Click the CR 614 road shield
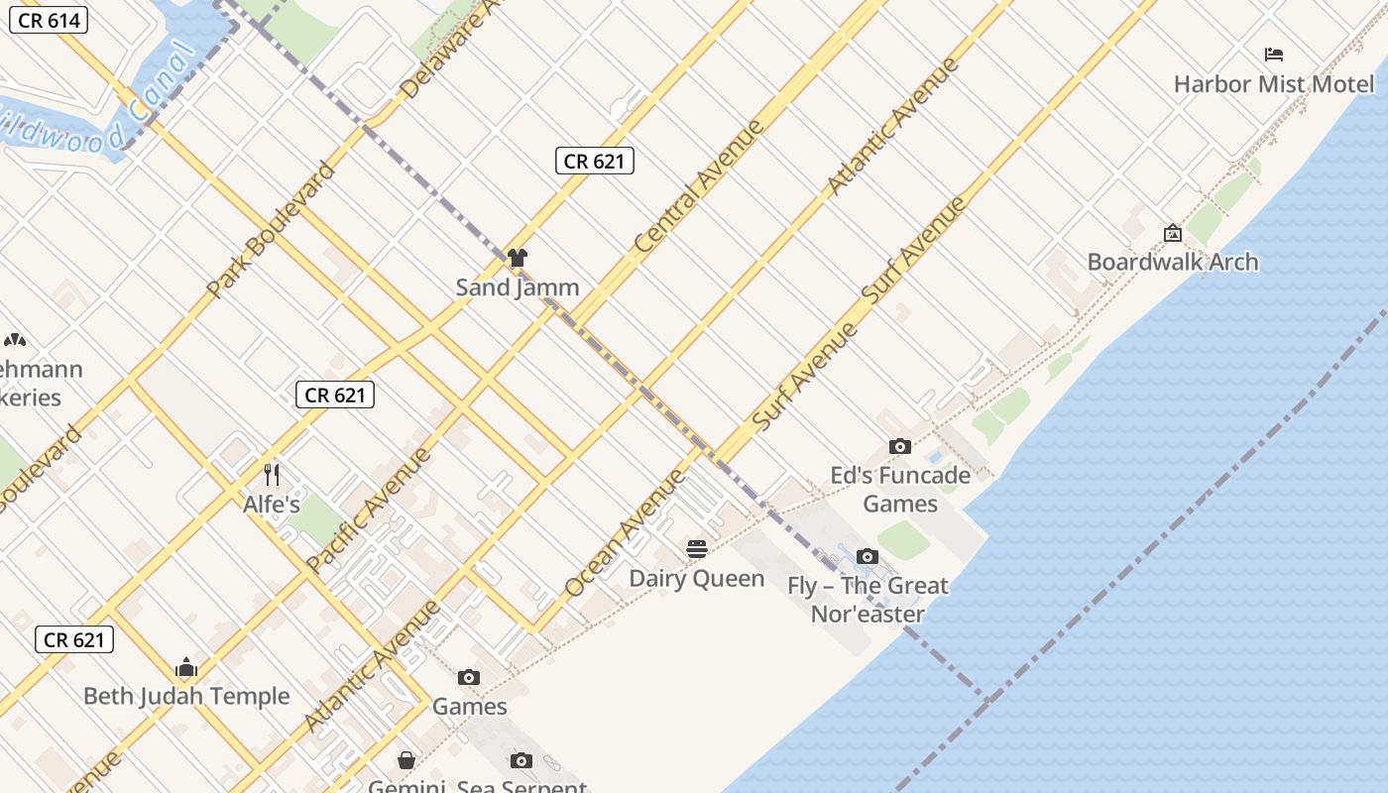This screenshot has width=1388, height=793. pyautogui.click(x=49, y=20)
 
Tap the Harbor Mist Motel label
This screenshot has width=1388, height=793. pyautogui.click(x=1274, y=84)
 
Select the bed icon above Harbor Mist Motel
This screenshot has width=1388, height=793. pyautogui.click(x=1274, y=55)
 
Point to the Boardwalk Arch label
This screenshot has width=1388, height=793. pyautogui.click(x=1173, y=262)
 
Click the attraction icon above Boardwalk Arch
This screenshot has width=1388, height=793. pyautogui.click(x=1173, y=233)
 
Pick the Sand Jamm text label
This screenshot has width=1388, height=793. pyautogui.click(x=518, y=287)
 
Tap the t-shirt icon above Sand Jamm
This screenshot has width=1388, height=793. pyautogui.click(x=517, y=258)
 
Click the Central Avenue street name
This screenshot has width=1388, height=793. pyautogui.click(x=699, y=185)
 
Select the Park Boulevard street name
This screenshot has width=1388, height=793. pyautogui.click(x=271, y=230)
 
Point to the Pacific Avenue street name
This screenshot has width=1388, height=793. pyautogui.click(x=369, y=510)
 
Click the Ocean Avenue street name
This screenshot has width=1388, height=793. pyautogui.click(x=624, y=533)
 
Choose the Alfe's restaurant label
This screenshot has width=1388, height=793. pyautogui.click(x=272, y=505)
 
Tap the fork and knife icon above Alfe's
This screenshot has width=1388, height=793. pyautogui.click(x=272, y=475)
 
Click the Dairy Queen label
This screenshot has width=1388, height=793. pyautogui.click(x=697, y=579)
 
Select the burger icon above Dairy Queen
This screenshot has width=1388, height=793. pyautogui.click(x=697, y=549)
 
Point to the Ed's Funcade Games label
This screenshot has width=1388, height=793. pyautogui.click(x=900, y=489)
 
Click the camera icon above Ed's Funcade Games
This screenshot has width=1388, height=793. pyautogui.click(x=900, y=447)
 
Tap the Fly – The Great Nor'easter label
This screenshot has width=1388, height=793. pyautogui.click(x=868, y=600)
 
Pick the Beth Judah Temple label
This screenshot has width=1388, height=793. pyautogui.click(x=186, y=696)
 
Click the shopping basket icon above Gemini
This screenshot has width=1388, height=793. pyautogui.click(x=406, y=760)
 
